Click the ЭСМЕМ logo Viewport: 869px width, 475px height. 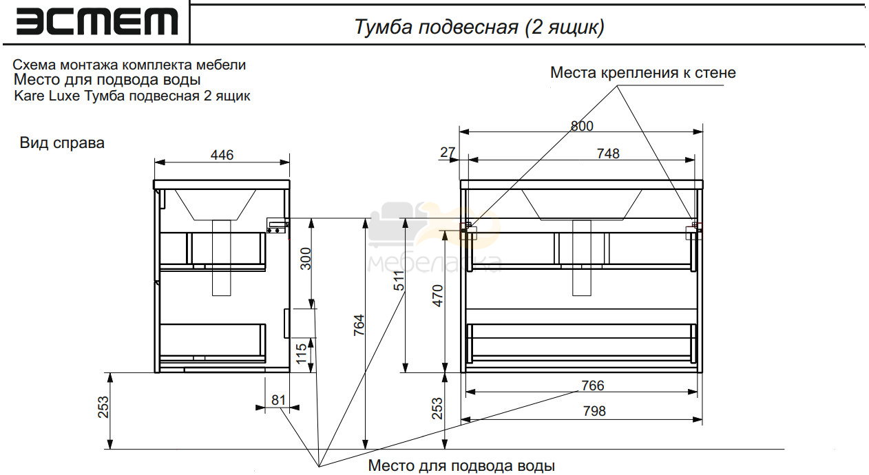pyautogui.click(x=97, y=21)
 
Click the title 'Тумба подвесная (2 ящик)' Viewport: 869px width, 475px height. pyautogui.click(x=479, y=27)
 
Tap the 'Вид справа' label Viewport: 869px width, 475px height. pyautogui.click(x=62, y=143)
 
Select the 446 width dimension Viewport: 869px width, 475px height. pyautogui.click(x=222, y=155)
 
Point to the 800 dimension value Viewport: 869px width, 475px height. pyautogui.click(x=582, y=126)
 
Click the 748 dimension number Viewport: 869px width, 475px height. pyautogui.click(x=608, y=154)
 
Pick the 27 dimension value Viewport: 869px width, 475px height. pyautogui.click(x=448, y=152)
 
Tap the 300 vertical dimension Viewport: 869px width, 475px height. pyautogui.click(x=306, y=259)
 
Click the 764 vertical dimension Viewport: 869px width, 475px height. pyautogui.click(x=359, y=325)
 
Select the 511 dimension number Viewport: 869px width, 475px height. pyautogui.click(x=399, y=281)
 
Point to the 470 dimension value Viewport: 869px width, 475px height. pyautogui.click(x=438, y=296)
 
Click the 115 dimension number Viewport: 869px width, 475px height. pyautogui.click(x=302, y=354)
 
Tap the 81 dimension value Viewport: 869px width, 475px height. pyautogui.click(x=279, y=400)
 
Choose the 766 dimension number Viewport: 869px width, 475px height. pyautogui.click(x=593, y=386)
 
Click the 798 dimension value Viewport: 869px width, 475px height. pyautogui.click(x=594, y=411)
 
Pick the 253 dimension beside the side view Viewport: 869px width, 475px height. pyautogui.click(x=103, y=407)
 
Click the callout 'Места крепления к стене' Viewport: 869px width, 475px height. pyautogui.click(x=643, y=73)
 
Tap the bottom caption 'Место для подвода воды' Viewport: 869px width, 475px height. pyautogui.click(x=461, y=465)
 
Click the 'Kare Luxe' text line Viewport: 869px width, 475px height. pyautogui.click(x=132, y=96)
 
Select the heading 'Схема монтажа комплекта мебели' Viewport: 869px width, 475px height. pyautogui.click(x=129, y=65)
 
